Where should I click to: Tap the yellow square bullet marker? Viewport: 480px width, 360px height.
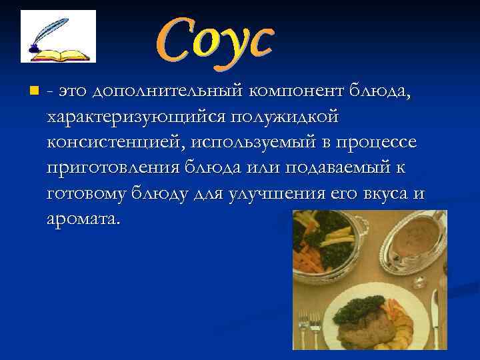(x=34, y=89)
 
